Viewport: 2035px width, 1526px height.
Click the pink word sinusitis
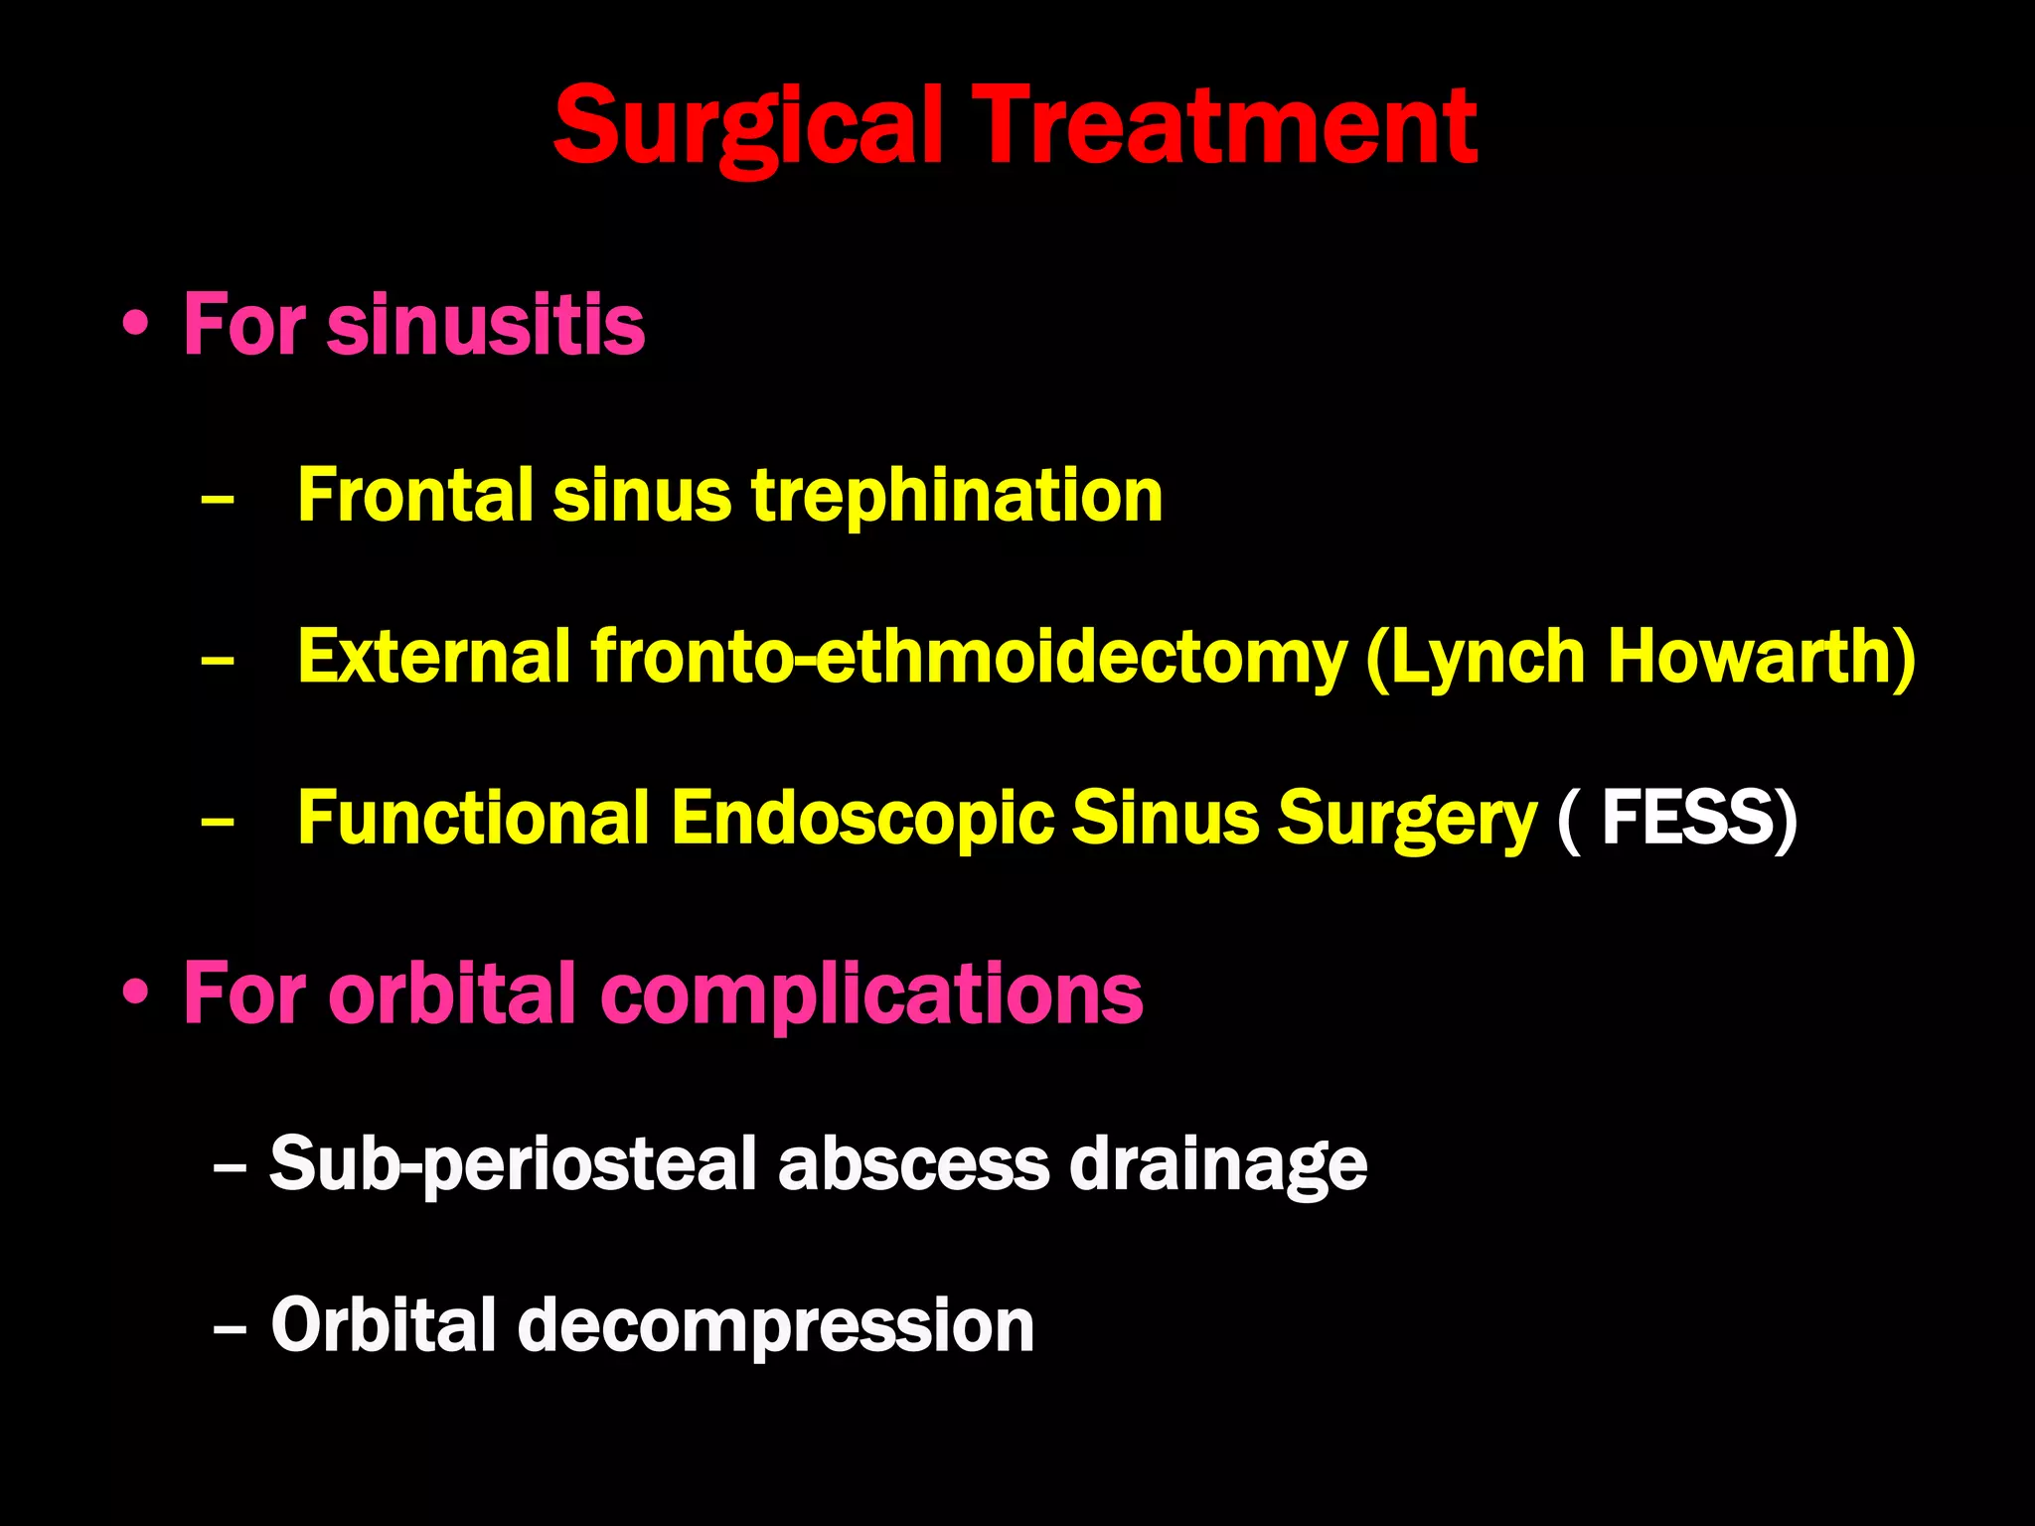click(x=486, y=325)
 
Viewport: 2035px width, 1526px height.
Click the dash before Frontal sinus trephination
click(x=217, y=496)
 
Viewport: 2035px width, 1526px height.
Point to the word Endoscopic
click(x=861, y=818)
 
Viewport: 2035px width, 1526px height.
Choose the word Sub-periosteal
click(x=513, y=1163)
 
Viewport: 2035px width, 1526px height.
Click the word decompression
click(x=775, y=1325)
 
